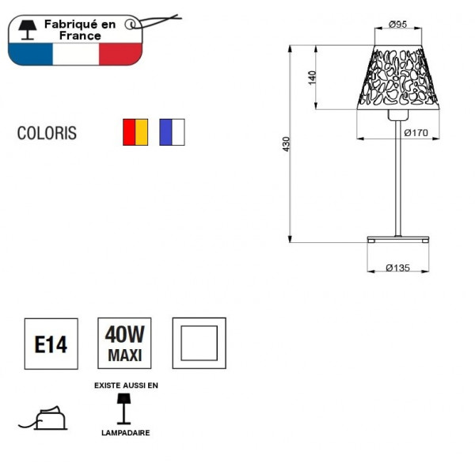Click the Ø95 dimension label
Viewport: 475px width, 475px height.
point(397,25)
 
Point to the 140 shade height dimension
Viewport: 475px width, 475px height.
point(313,78)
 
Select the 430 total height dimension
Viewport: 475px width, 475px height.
point(287,144)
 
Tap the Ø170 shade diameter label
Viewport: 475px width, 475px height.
point(416,133)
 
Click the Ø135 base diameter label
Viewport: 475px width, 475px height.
point(397,268)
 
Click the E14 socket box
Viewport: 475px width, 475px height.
point(51,344)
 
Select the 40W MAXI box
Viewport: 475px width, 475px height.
point(124,344)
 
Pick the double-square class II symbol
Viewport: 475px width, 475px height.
point(199,344)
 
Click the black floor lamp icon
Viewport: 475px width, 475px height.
point(124,409)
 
